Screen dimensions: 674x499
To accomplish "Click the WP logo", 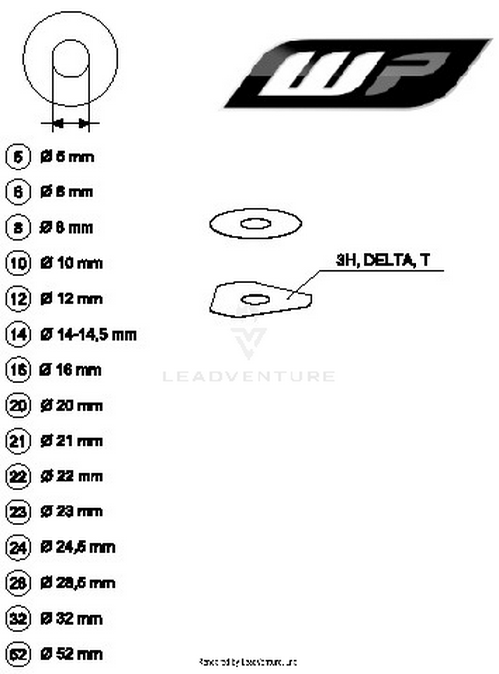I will pos(358,73).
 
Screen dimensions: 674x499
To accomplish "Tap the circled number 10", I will pos(18,263).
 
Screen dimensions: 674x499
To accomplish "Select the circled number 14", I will pos(18,334).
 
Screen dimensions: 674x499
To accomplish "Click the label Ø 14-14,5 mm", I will pos(88,334).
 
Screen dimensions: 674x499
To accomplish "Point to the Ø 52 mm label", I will pos(71,654).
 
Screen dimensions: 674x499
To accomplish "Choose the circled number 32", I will pos(18,619).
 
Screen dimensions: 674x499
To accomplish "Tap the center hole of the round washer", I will pos(255,224).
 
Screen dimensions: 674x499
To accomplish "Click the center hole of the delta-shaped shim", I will pos(255,300).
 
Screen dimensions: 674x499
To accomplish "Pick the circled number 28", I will pos(18,583).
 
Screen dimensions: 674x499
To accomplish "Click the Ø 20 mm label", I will pos(71,406).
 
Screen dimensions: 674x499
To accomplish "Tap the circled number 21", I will pos(18,441).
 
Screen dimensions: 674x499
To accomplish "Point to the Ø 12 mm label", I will pos(71,299).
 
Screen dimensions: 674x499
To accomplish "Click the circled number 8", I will pos(18,228).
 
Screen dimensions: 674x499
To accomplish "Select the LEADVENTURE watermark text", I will pos(249,376).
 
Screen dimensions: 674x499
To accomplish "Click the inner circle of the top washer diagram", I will pos(71,58).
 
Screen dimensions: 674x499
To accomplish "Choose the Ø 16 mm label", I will pos(70,370).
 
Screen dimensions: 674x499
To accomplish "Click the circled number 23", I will pos(18,512).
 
